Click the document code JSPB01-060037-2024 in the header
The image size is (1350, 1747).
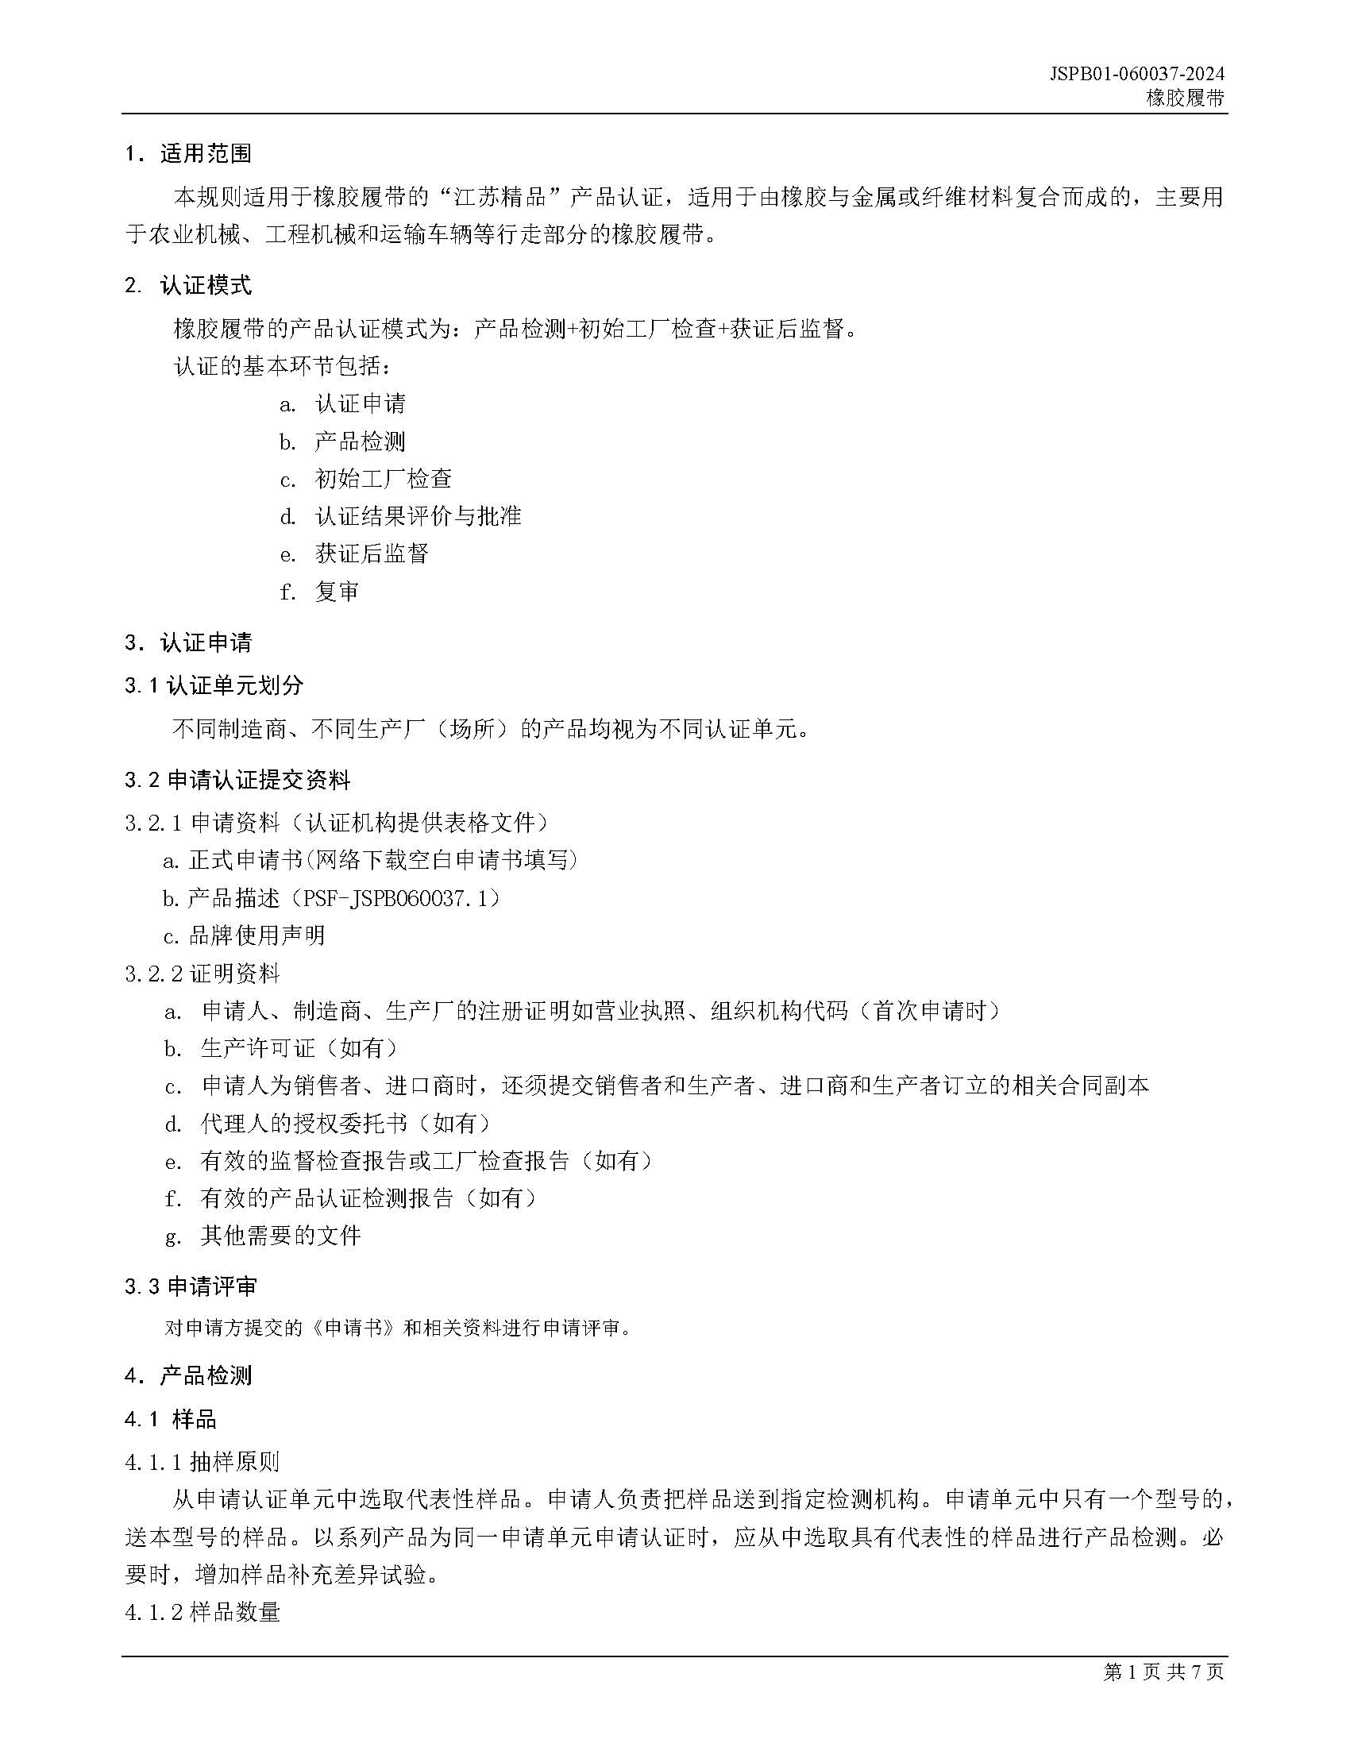click(x=1136, y=75)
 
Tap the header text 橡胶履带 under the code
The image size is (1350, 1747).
click(x=1185, y=98)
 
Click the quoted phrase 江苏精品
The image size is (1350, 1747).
click(x=499, y=197)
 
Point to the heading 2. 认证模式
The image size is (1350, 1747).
click(x=189, y=286)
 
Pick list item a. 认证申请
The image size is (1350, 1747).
click(x=344, y=404)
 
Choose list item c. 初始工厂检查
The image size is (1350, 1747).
click(x=366, y=479)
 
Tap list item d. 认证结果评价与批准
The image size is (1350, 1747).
click(x=401, y=517)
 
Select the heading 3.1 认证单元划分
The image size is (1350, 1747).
click(x=214, y=685)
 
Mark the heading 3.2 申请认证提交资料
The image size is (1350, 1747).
click(x=237, y=781)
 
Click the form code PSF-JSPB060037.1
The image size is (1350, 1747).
click(x=400, y=899)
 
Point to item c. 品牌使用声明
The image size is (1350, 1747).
click(x=244, y=936)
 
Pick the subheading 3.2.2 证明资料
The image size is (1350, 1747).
click(x=203, y=974)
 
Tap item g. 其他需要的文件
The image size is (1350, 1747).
click(x=264, y=1236)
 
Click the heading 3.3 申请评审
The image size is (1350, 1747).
click(x=191, y=1287)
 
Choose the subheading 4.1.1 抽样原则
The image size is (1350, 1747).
click(x=203, y=1462)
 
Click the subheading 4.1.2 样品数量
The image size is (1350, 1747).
click(x=203, y=1612)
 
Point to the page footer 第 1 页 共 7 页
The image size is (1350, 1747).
click(x=1163, y=1672)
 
